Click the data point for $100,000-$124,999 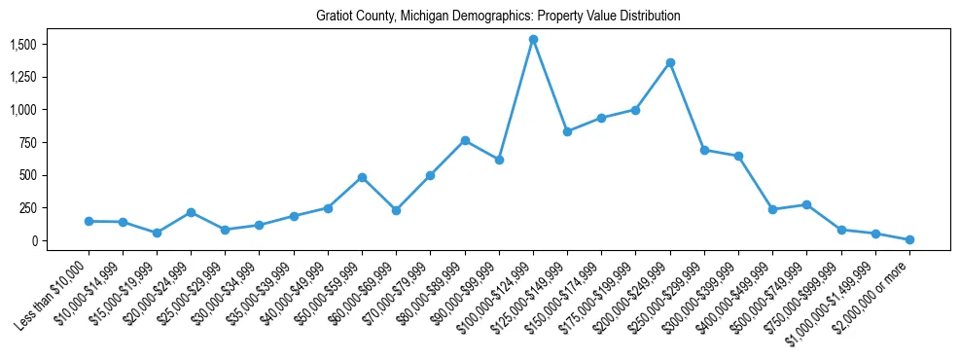click(x=533, y=40)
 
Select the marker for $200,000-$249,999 click(x=670, y=63)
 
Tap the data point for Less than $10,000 click(x=89, y=222)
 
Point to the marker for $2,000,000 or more click(x=909, y=239)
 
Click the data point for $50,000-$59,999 click(x=362, y=178)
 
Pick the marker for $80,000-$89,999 click(x=465, y=141)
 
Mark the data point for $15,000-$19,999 click(x=157, y=234)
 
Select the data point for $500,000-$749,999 click(x=806, y=205)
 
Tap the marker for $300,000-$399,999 click(x=738, y=157)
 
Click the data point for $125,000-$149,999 click(x=567, y=132)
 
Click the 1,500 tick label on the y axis click(x=22, y=45)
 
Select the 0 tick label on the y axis click(x=33, y=241)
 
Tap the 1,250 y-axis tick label click(x=22, y=78)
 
